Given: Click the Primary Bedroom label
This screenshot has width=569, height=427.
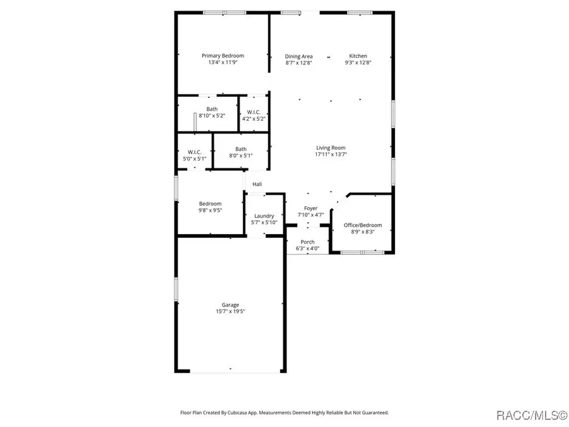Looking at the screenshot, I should click(x=223, y=56).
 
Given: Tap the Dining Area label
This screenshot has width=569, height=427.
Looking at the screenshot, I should click(x=298, y=56).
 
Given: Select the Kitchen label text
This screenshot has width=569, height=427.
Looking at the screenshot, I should click(x=358, y=56).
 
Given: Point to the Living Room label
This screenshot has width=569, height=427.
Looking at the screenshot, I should click(x=331, y=147).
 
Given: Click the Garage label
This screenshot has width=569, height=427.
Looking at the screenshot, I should click(x=230, y=305).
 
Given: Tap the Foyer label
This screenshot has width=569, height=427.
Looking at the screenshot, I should click(x=310, y=208).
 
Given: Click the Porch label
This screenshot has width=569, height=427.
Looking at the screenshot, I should click(x=307, y=242).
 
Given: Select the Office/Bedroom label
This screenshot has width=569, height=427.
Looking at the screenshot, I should click(x=363, y=225).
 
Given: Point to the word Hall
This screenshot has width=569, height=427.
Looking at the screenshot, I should click(x=257, y=184).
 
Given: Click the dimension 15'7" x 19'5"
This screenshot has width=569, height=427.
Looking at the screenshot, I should click(x=230, y=311).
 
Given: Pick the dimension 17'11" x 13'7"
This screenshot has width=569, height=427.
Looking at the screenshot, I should click(x=331, y=154).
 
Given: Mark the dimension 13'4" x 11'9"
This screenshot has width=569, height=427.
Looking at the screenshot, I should click(x=223, y=63).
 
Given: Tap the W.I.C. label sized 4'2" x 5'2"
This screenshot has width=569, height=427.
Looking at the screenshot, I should click(x=254, y=112).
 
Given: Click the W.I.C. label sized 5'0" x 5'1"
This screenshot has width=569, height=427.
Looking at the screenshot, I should click(x=194, y=152).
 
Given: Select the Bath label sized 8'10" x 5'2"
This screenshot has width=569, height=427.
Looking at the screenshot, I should click(x=212, y=109).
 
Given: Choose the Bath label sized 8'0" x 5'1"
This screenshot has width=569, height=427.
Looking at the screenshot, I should click(x=241, y=149).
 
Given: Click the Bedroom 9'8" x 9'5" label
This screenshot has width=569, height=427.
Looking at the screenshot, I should click(x=211, y=204).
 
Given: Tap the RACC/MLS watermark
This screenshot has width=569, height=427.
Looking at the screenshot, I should click(x=531, y=415).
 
